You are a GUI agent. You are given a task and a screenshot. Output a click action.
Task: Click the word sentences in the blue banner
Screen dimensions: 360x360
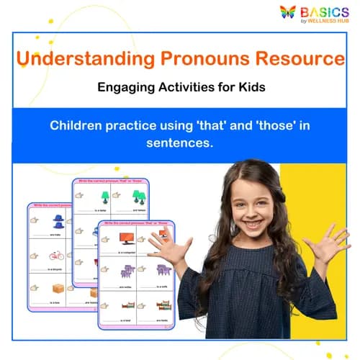[180, 143]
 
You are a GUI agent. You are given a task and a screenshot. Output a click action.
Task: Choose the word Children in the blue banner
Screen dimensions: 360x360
[78, 125]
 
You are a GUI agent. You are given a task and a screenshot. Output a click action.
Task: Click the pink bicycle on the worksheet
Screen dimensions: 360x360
[56, 255]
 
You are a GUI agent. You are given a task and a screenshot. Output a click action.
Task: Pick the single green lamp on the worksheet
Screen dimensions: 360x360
[106, 196]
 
